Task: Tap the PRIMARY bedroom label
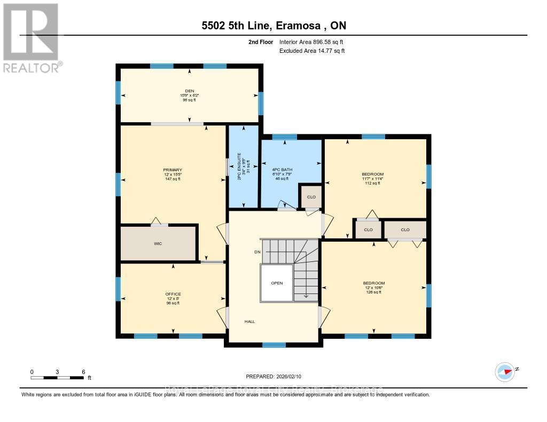pyautogui.click(x=173, y=170)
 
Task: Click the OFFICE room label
pyautogui.click(x=173, y=294)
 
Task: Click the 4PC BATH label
pyautogui.click(x=282, y=170)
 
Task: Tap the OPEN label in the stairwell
pyautogui.click(x=276, y=283)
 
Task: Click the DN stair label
pyautogui.click(x=257, y=252)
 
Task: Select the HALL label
pyautogui.click(x=249, y=322)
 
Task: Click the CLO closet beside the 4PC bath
pyautogui.click(x=311, y=197)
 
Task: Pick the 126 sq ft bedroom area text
pyautogui.click(x=374, y=292)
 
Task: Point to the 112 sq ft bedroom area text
pyautogui.click(x=373, y=184)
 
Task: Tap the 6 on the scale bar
pyautogui.click(x=83, y=371)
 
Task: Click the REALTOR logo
pyautogui.click(x=31, y=38)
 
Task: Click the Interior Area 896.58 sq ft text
pyautogui.click(x=312, y=42)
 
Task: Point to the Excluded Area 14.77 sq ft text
pyautogui.click(x=312, y=51)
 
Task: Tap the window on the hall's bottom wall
pyautogui.click(x=273, y=345)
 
